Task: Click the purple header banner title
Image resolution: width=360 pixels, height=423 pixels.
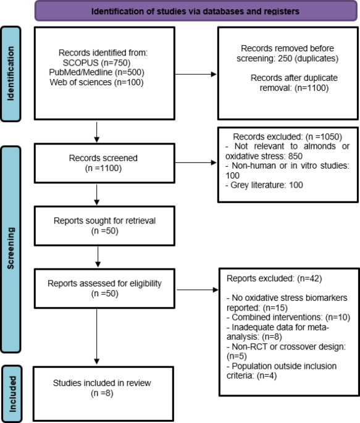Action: [195, 11]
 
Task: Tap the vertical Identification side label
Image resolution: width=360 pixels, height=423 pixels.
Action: [10, 73]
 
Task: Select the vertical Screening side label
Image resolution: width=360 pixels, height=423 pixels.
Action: [10, 248]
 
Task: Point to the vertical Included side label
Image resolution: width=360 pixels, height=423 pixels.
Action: [12, 394]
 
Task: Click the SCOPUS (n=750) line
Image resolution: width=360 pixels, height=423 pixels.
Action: [96, 62]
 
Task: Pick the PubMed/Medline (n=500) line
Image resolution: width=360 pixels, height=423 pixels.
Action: [96, 72]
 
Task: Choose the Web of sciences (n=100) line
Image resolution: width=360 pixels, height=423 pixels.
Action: [96, 82]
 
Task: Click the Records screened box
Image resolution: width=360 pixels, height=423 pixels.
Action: [104, 163]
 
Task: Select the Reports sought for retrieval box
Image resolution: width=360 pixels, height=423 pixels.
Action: [104, 226]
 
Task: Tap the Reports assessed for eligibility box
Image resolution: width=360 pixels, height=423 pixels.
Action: [104, 288]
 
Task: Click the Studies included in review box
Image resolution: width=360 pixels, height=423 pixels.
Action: [103, 393]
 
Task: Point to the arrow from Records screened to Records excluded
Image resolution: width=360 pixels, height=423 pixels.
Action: [196, 162]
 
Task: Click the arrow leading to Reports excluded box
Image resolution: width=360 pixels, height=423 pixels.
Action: [197, 290]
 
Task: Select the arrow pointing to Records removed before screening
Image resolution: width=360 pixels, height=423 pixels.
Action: [196, 74]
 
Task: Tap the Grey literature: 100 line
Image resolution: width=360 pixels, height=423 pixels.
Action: [264, 185]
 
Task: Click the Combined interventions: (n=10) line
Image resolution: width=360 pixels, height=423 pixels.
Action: [288, 317]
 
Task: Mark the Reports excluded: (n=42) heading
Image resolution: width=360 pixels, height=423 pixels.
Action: [274, 279]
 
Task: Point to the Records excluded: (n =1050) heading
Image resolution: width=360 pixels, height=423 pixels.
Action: [288, 136]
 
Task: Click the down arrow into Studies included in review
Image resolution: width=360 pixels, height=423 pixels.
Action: [96, 337]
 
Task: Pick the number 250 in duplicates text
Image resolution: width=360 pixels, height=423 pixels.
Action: [285, 58]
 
